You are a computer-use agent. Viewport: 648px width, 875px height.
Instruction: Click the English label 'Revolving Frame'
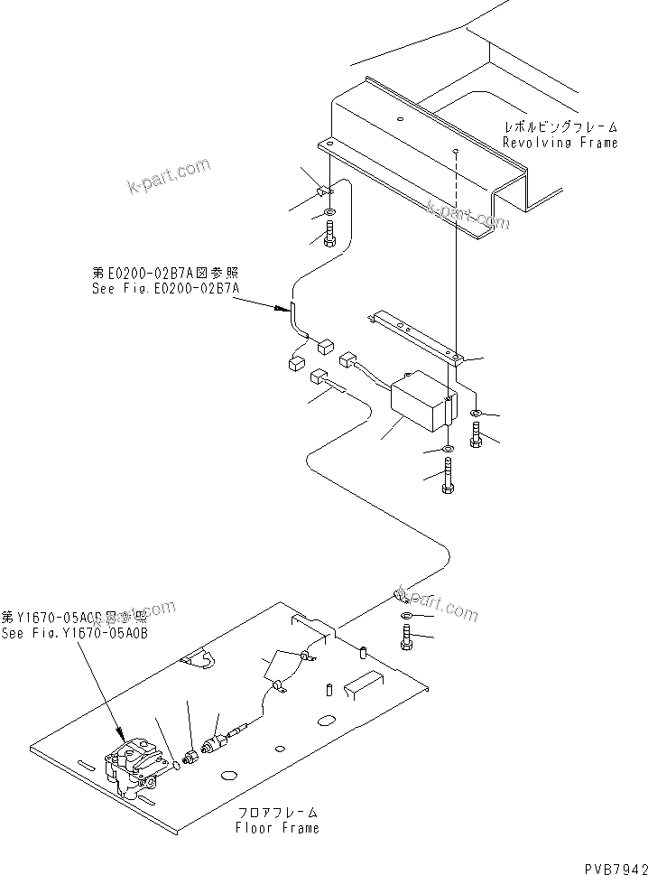pos(560,143)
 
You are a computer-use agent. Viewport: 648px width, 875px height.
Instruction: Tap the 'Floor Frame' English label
pos(277,827)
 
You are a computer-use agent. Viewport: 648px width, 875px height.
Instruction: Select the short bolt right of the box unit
pos(477,437)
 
